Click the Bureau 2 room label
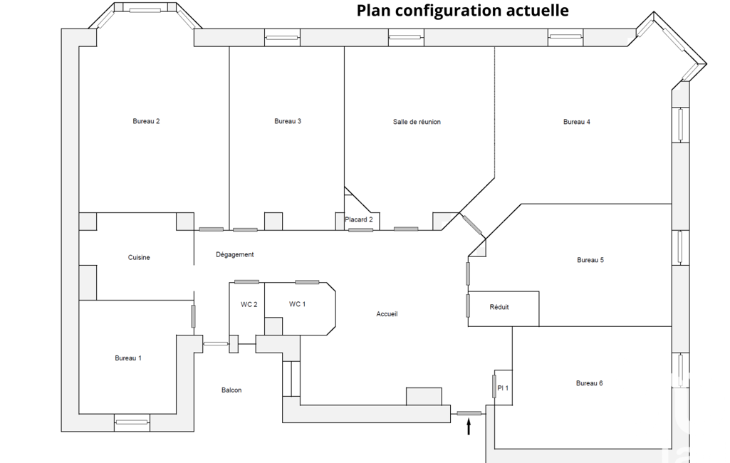click(x=146, y=121)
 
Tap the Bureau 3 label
click(x=288, y=121)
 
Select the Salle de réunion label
click(x=417, y=122)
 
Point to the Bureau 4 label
click(x=577, y=122)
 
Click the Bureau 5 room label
click(x=590, y=260)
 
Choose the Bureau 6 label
click(x=590, y=383)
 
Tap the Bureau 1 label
click(x=128, y=358)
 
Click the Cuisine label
click(x=139, y=257)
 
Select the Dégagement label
click(x=234, y=254)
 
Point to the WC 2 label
click(x=249, y=304)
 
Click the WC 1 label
click(x=298, y=304)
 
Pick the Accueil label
click(x=387, y=314)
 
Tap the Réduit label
click(x=499, y=307)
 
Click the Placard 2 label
click(x=359, y=219)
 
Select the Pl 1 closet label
click(x=503, y=388)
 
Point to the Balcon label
click(x=231, y=390)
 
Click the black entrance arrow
click(x=469, y=427)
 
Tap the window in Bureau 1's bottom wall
click(x=132, y=422)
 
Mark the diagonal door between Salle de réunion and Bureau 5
click(x=472, y=225)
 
